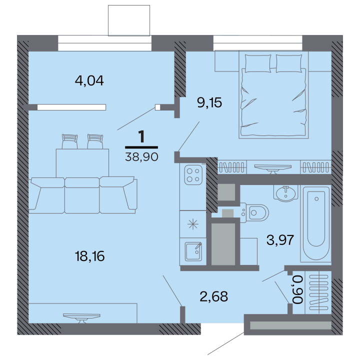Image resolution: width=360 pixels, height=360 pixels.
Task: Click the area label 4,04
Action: click(89, 81)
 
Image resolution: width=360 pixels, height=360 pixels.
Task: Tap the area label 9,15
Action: click(209, 102)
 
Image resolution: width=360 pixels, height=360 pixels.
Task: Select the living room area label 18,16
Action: click(90, 256)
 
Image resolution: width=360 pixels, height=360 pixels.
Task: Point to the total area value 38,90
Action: click(141, 157)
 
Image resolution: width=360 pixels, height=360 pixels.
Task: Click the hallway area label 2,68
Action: click(214, 296)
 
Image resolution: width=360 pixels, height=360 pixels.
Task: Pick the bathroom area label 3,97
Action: click(280, 240)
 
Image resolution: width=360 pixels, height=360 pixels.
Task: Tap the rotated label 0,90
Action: click(298, 289)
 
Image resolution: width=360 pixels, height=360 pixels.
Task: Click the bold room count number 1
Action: click(141, 136)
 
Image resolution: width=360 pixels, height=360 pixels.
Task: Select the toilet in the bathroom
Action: click(254, 213)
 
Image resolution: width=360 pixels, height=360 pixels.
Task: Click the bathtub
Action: click(316, 224)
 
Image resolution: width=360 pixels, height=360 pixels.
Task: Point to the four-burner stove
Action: click(193, 175)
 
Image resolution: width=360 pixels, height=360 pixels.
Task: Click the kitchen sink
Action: click(193, 251)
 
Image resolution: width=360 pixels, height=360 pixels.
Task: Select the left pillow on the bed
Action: click(258, 63)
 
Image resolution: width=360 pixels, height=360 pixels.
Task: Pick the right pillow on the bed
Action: click(289, 63)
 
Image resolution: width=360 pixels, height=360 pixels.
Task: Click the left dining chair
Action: click(70, 141)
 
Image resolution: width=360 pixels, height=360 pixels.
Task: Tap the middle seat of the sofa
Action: click(82, 195)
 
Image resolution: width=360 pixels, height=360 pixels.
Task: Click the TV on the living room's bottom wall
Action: click(81, 318)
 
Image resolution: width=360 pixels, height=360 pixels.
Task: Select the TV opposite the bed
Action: click(273, 169)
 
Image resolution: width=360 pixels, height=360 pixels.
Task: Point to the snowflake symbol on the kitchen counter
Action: click(193, 224)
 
